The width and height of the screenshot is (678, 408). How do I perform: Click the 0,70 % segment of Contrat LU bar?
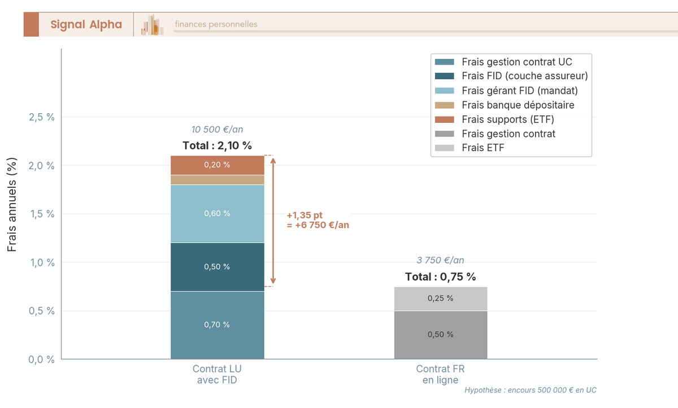coord(217,325)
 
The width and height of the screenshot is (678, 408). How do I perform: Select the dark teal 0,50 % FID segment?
coord(217,267)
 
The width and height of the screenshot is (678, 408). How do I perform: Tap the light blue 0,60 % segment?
coord(217,213)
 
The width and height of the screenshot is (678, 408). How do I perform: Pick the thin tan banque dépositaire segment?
coord(217,180)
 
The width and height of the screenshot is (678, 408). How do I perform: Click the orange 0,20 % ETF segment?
coord(217,165)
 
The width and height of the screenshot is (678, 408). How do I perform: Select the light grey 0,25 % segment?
coord(440,298)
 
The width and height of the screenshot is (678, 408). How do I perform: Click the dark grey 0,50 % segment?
coord(440,334)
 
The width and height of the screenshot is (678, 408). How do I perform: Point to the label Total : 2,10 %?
coord(217,145)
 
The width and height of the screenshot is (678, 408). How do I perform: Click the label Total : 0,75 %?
coord(440,277)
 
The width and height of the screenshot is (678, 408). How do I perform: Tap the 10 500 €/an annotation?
coord(217,130)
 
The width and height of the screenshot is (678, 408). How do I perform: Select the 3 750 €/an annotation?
coord(440,260)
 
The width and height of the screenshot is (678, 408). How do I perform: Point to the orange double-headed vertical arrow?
coord(273,221)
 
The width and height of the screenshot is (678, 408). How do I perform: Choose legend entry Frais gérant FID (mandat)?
coord(519,91)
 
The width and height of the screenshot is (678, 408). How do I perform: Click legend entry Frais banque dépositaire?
coord(518,105)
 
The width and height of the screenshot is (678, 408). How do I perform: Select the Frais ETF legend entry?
coord(483,148)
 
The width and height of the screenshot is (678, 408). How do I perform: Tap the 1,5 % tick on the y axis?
coord(41,214)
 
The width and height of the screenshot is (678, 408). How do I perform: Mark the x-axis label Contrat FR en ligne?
coord(440,374)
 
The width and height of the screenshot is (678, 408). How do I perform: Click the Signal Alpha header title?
coord(86,24)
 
